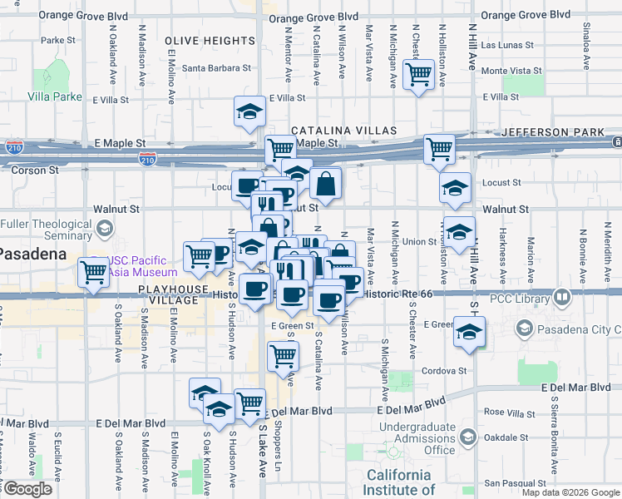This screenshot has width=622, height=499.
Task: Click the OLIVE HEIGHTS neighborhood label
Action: pos(210,41)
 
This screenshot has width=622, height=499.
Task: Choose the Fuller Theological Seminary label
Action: pos(46,230)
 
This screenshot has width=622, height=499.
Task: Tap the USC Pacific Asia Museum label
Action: pos(143,266)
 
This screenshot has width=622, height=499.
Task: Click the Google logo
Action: pos(27,489)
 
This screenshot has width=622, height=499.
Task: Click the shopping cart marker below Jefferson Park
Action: pos(439,150)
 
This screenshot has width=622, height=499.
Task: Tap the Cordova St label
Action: pos(445,371)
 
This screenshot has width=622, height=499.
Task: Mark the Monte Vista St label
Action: pos(511,72)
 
